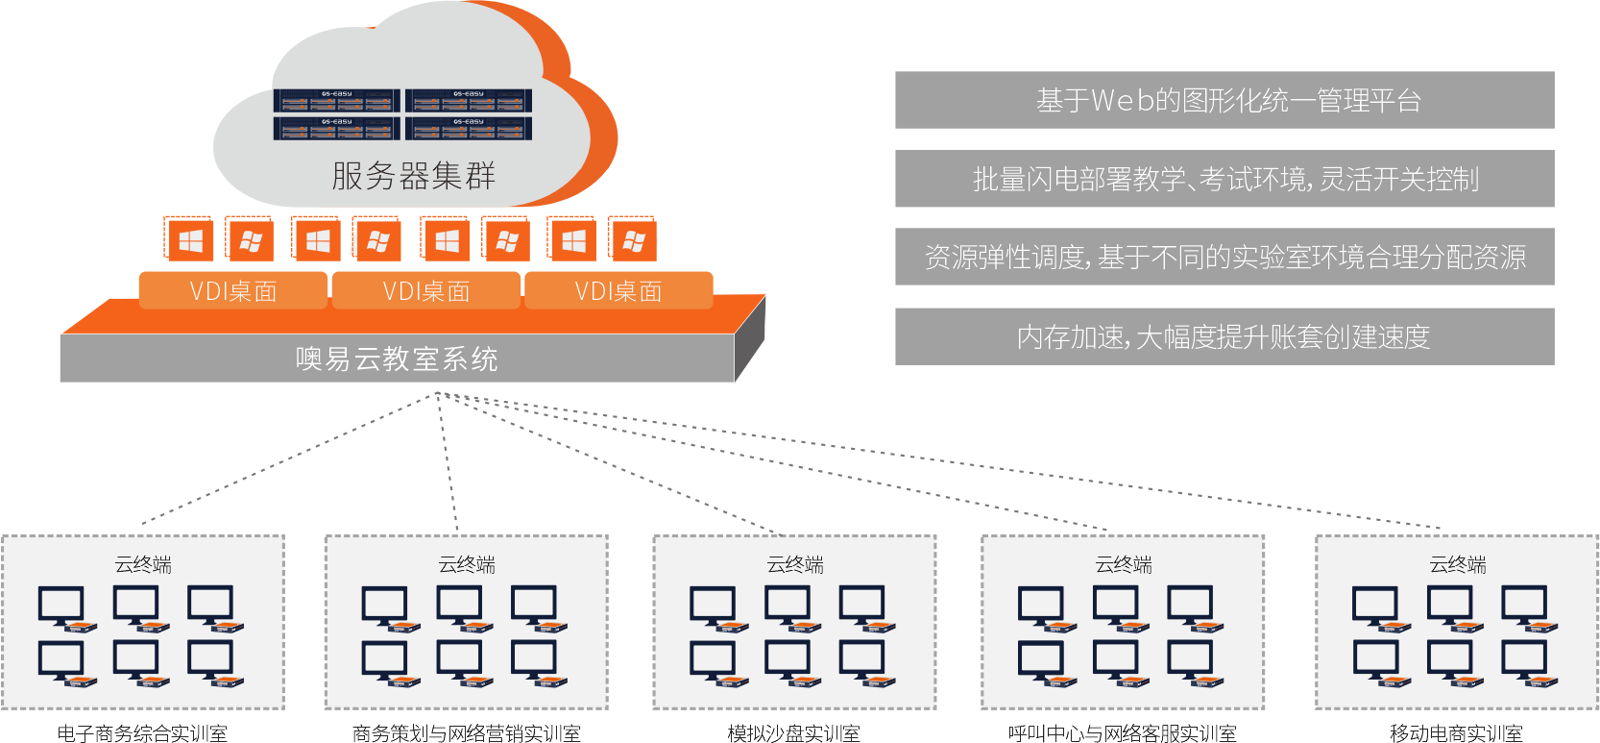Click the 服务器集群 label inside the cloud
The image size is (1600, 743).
pyautogui.click(x=413, y=176)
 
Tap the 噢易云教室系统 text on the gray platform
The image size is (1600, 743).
pyautogui.click(x=397, y=359)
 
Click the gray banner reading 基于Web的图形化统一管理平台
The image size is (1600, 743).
pyautogui.click(x=1224, y=100)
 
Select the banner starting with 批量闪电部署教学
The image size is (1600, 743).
pyautogui.click(x=1224, y=179)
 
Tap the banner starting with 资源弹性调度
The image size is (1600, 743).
pyautogui.click(x=1224, y=257)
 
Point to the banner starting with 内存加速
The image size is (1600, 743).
pyautogui.click(x=1224, y=336)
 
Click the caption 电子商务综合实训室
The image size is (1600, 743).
pyautogui.click(x=142, y=733)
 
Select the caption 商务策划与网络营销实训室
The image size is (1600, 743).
pyautogui.click(x=466, y=733)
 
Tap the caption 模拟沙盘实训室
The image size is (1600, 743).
pyautogui.click(x=793, y=733)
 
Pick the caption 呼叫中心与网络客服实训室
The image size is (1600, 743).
pyautogui.click(x=1122, y=733)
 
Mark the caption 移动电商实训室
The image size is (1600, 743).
pyautogui.click(x=1456, y=733)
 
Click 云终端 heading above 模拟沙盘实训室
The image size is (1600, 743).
pyautogui.click(x=795, y=564)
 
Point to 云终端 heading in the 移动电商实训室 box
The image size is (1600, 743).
pyautogui.click(x=1458, y=564)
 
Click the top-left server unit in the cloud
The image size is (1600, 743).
pyautogui.click(x=336, y=101)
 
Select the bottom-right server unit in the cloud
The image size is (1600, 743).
pyautogui.click(x=469, y=128)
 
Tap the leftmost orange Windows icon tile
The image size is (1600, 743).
pyautogui.click(x=189, y=240)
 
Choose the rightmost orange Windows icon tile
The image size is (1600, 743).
pyautogui.click(x=633, y=240)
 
